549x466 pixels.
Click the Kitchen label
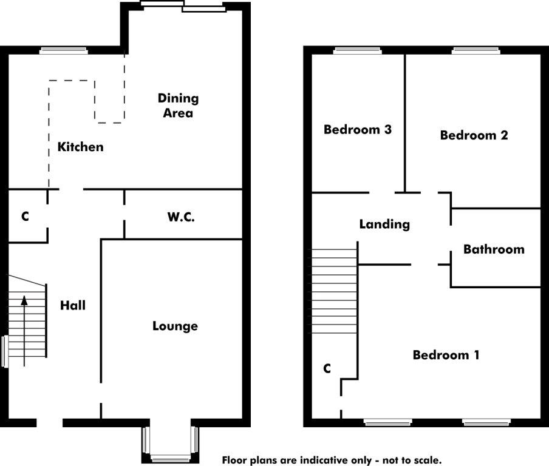(81, 147)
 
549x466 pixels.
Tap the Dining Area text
(178, 106)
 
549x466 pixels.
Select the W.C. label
(181, 217)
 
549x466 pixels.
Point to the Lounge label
(175, 326)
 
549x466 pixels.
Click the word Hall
(73, 305)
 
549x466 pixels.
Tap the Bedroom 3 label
(358, 129)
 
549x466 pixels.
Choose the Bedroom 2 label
(474, 135)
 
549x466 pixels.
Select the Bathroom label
(494, 249)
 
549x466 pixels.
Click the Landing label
(384, 225)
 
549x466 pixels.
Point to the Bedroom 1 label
(446, 355)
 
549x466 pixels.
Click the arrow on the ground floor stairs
(24, 331)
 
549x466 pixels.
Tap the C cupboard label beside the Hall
(25, 217)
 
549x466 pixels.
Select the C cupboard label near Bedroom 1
(327, 368)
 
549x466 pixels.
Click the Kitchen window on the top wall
(63, 51)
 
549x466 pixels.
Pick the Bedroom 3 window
(356, 51)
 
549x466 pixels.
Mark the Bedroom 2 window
(476, 51)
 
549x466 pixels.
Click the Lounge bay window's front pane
(171, 458)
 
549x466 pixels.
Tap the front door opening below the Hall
(50, 423)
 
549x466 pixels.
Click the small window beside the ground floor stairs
(4, 351)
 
